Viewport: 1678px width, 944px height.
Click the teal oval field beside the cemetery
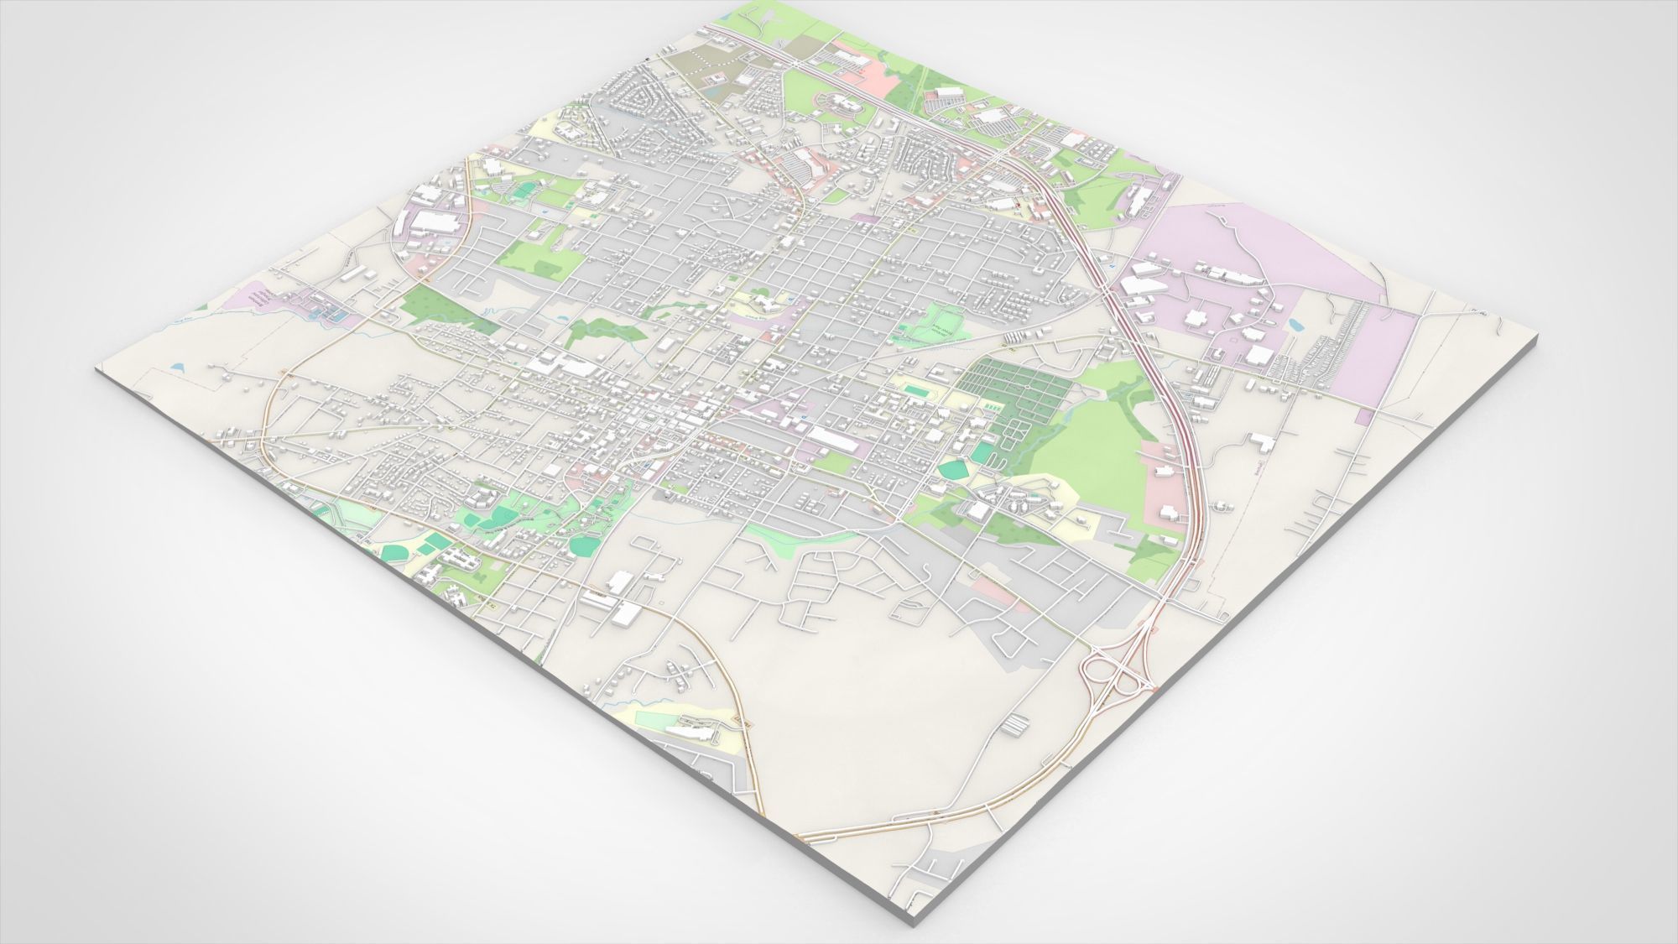[953, 470]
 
